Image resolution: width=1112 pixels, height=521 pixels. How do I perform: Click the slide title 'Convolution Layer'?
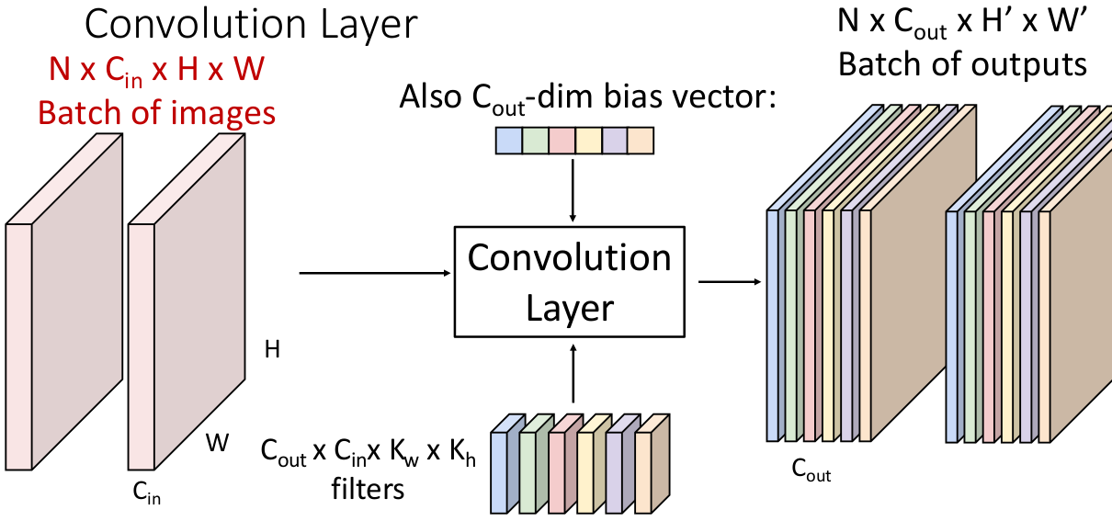click(251, 25)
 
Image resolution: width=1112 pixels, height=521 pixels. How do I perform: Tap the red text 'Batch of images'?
click(156, 111)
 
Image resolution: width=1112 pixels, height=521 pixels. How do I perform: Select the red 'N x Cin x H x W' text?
click(156, 70)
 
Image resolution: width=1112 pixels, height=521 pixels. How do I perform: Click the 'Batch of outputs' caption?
click(962, 64)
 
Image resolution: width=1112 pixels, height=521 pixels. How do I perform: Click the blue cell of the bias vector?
click(508, 141)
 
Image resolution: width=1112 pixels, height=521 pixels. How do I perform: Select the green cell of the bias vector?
click(535, 141)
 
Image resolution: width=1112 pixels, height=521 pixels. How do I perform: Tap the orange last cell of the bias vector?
click(641, 141)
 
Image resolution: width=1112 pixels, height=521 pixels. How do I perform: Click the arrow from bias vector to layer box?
click(573, 188)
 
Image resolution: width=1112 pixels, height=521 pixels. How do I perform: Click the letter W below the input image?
click(217, 444)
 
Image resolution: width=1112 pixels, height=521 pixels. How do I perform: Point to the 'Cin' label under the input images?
click(147, 497)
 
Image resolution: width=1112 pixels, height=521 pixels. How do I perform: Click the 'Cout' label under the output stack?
click(811, 471)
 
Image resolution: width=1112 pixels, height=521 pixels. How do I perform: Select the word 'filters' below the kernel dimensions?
click(368, 489)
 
